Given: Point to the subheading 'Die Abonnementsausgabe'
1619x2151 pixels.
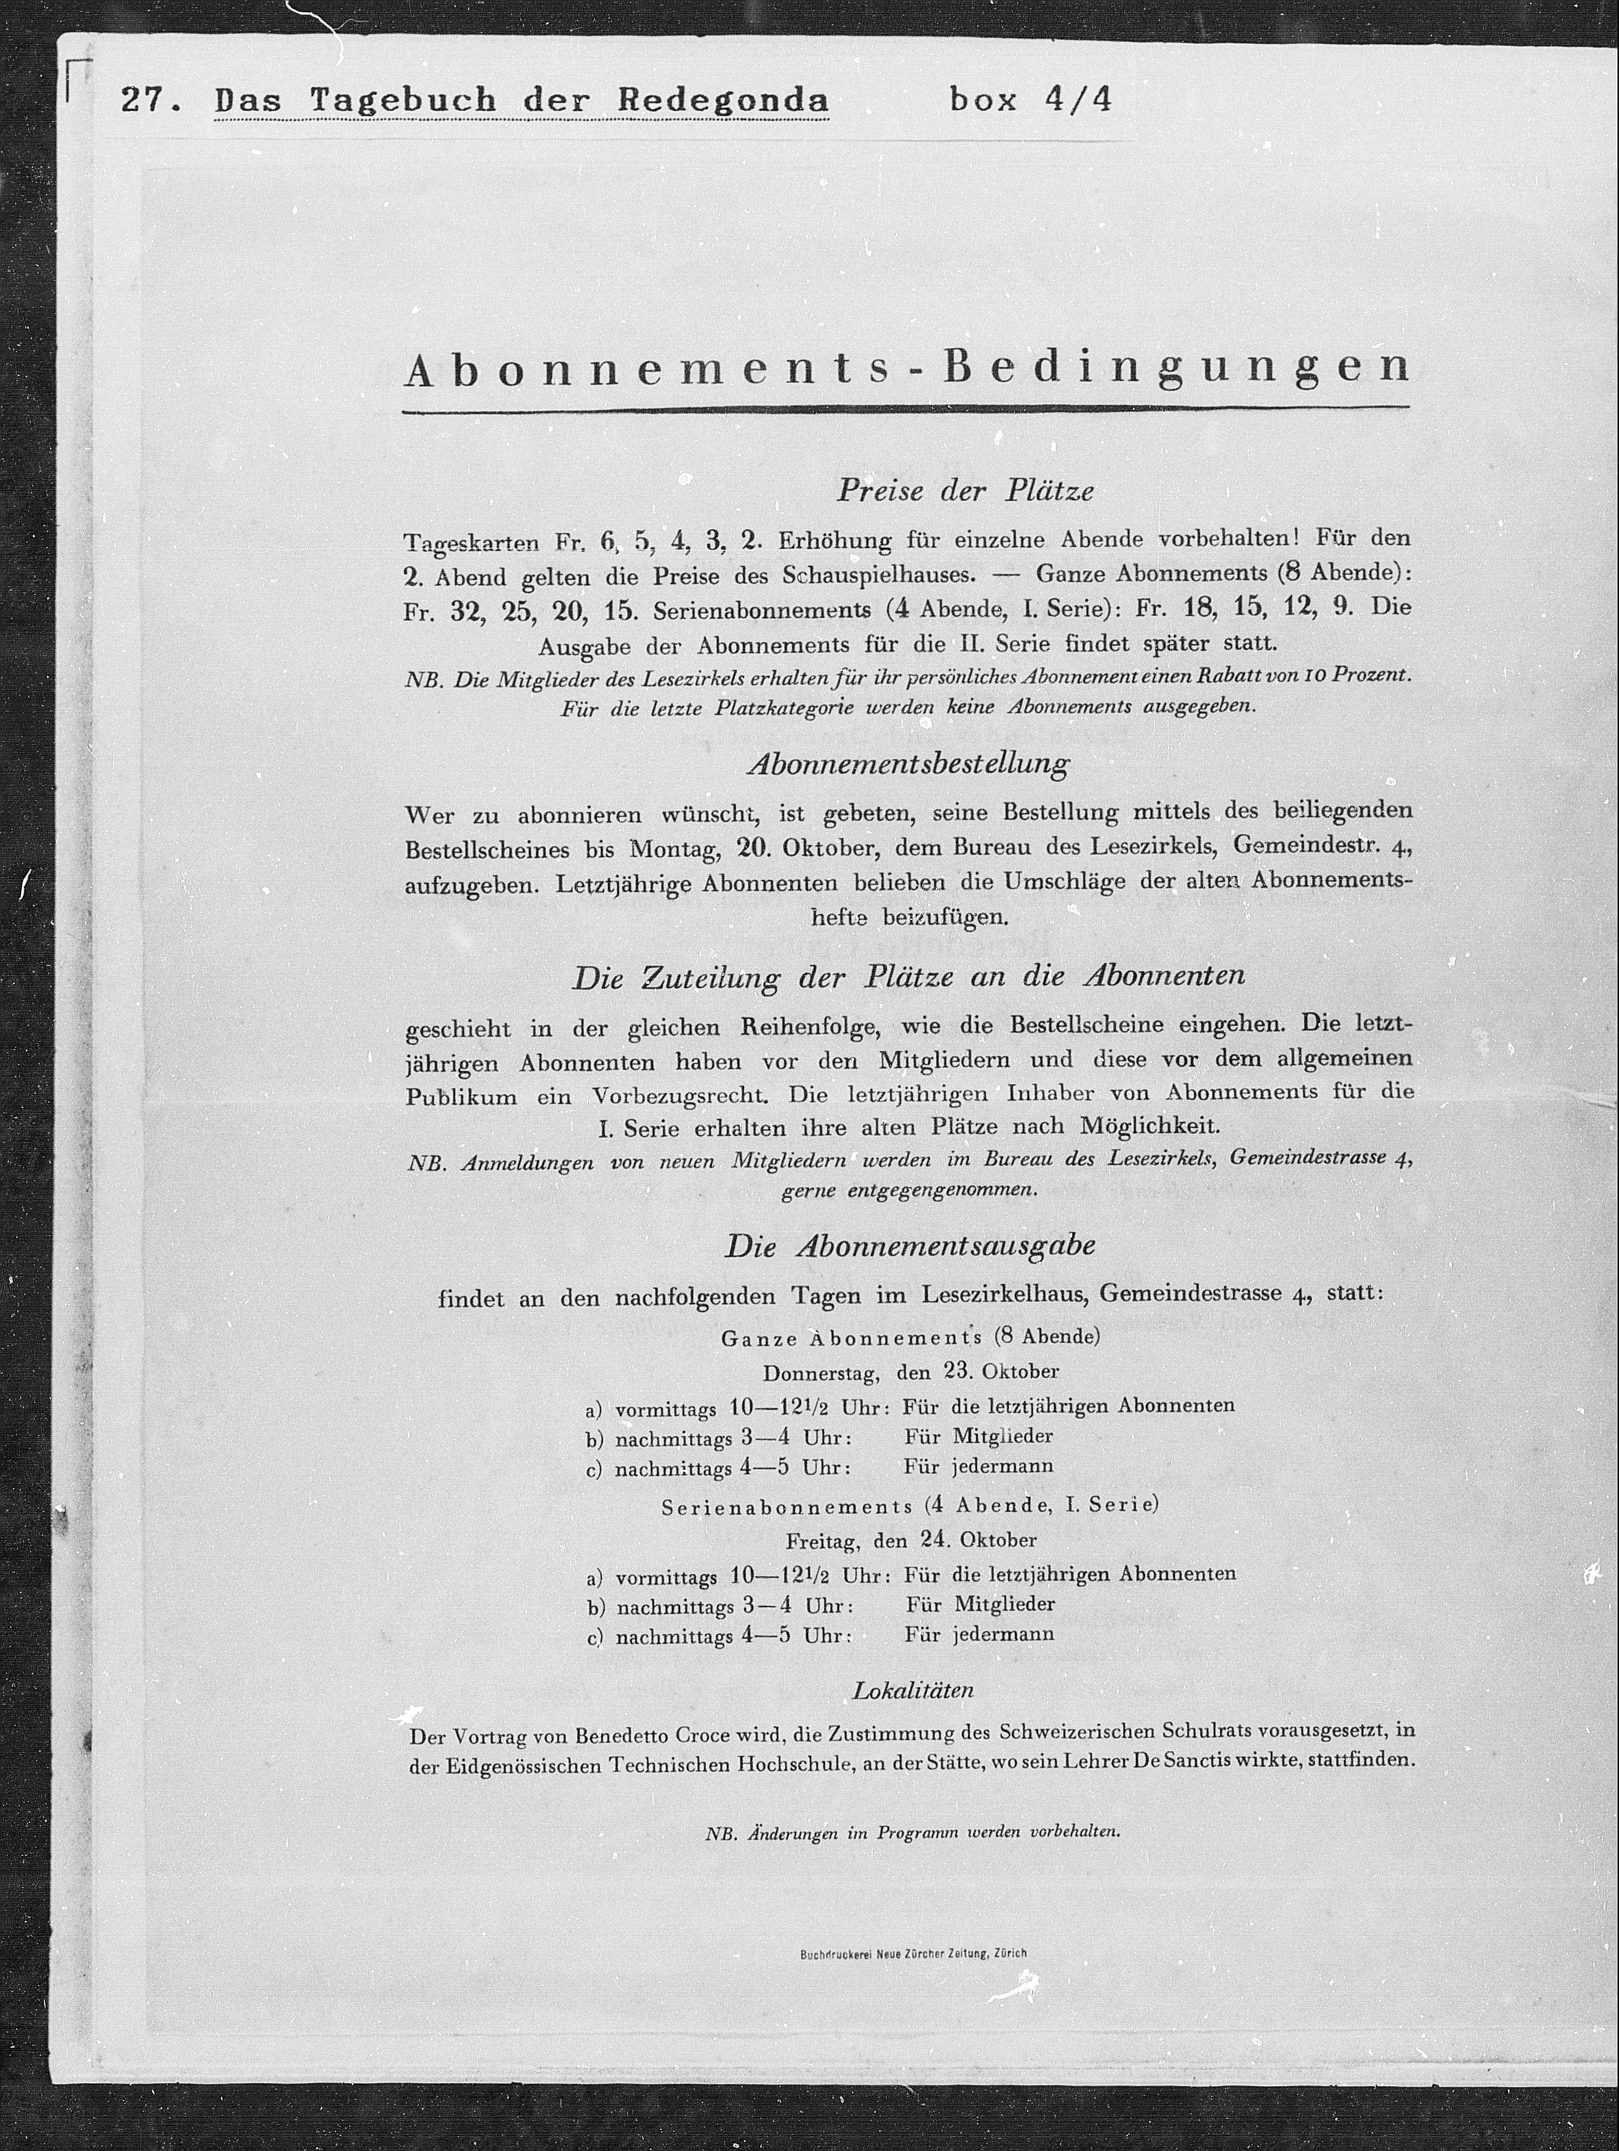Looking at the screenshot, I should (910, 1246).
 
